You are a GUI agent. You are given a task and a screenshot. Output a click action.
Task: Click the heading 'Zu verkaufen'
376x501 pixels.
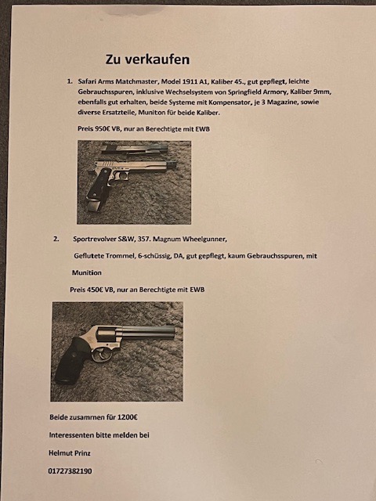coord(147,59)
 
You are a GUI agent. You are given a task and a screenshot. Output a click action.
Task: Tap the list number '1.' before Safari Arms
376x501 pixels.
coord(70,81)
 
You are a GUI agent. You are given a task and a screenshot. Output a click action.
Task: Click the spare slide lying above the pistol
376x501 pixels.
coord(134,149)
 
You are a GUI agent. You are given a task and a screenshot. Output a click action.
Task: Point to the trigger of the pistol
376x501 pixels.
coord(122,175)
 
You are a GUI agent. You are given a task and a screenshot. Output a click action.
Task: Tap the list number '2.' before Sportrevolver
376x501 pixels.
coord(56,239)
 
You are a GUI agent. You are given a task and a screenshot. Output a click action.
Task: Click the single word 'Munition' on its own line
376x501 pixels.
coord(87,272)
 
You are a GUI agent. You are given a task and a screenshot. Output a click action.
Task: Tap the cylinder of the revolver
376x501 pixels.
coord(105,335)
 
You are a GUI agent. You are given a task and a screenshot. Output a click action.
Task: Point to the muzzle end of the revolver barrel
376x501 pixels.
coord(174,332)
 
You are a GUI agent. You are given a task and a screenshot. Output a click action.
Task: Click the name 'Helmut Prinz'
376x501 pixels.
coord(70,452)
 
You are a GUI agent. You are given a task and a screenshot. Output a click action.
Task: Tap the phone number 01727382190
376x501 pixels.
coord(70,471)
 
